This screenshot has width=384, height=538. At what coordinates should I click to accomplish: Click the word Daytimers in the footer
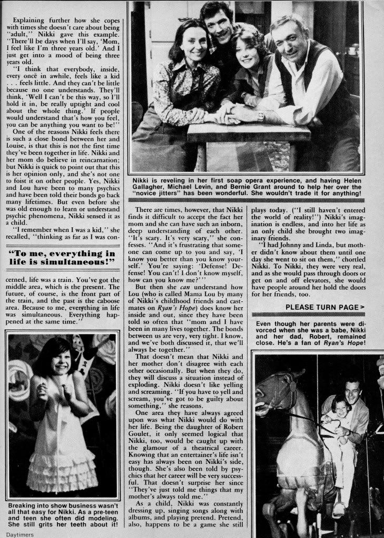coord(16,533)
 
